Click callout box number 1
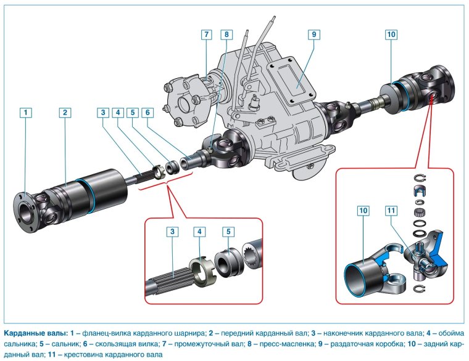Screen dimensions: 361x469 (25, 112)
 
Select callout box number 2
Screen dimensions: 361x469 (65, 112)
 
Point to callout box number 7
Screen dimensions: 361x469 (206, 34)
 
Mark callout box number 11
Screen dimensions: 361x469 (392, 211)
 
